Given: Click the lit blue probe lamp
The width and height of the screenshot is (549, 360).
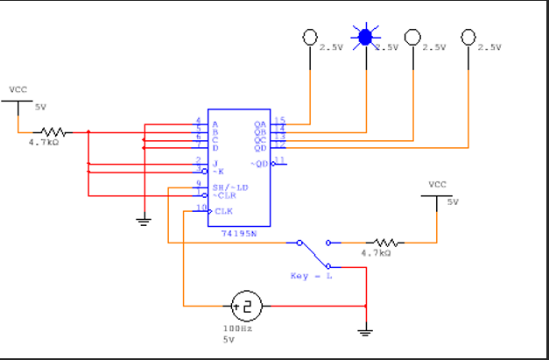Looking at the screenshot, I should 363,36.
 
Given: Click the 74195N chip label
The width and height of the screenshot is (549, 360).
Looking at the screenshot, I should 238,233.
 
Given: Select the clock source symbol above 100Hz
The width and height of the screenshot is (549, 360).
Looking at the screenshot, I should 246,306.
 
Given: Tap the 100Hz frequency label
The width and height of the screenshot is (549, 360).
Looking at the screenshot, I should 236,328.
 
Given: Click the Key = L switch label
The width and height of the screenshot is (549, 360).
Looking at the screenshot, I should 311,275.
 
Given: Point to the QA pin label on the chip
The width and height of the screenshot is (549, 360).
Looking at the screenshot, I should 260,124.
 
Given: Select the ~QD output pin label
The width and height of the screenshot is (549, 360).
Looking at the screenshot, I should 260,163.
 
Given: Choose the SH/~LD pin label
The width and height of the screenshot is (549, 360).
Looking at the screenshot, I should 229,187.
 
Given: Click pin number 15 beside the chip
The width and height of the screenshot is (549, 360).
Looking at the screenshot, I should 279,120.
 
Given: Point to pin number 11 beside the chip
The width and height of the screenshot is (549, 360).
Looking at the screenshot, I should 279,159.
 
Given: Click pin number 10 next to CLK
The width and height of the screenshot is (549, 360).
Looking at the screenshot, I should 201,208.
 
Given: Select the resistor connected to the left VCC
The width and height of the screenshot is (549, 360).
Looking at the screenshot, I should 53,132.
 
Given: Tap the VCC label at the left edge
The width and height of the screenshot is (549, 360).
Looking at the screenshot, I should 18,89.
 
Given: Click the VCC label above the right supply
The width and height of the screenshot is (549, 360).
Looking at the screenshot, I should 438,185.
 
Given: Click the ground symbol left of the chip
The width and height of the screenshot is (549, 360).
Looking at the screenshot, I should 144,221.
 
